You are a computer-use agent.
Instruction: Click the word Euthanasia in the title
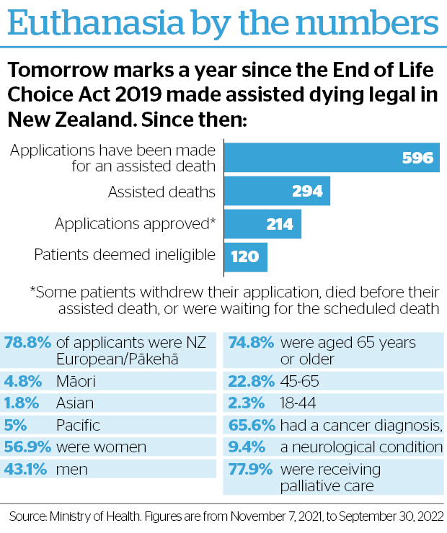click(x=96, y=23)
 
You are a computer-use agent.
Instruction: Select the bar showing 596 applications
click(x=332, y=158)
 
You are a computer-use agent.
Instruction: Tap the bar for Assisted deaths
click(x=277, y=191)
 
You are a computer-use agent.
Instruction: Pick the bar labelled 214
click(x=262, y=224)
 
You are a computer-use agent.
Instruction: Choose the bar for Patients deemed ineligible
click(x=246, y=257)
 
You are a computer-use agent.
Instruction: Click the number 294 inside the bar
click(x=307, y=191)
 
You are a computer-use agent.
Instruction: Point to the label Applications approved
click(x=135, y=224)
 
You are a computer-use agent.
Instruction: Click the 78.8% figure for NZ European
click(x=27, y=342)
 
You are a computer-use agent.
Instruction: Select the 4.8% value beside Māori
click(x=23, y=381)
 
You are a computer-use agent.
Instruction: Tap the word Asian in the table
click(x=75, y=403)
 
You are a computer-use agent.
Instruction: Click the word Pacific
click(x=79, y=425)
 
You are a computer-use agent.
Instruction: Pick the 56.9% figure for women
click(x=27, y=447)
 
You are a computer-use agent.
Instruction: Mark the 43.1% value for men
click(x=25, y=470)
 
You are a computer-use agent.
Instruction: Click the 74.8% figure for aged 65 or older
click(x=251, y=342)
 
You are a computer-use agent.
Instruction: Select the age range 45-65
click(x=300, y=381)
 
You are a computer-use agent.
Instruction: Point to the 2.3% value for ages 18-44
click(x=247, y=403)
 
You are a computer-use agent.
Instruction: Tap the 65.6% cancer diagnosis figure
click(x=252, y=425)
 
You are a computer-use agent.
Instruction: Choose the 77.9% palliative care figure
click(x=250, y=470)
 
